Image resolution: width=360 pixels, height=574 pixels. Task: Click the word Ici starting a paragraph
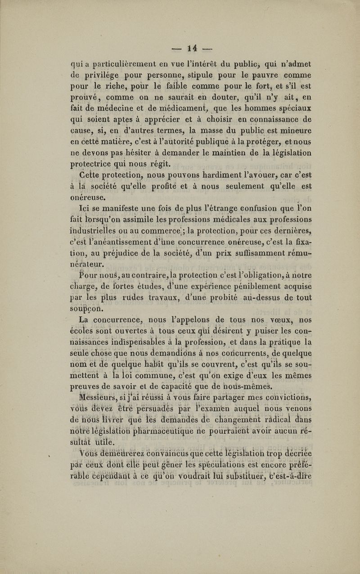point(85,206)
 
